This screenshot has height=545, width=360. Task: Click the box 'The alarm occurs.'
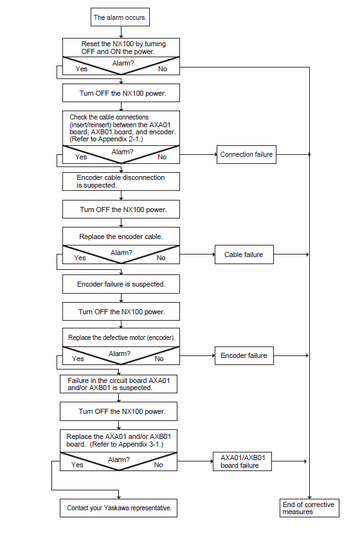point(120,17)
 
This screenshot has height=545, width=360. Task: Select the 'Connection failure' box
point(246,154)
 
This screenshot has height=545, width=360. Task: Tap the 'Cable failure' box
point(244,255)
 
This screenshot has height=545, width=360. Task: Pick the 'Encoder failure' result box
point(244,355)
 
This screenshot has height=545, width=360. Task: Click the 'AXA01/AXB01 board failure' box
point(242,461)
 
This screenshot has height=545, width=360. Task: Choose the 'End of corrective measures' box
point(309,508)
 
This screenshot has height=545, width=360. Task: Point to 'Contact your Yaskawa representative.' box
point(118,508)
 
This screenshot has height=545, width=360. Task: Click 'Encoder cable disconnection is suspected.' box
point(121,181)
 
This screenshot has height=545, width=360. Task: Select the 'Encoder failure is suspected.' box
point(121,284)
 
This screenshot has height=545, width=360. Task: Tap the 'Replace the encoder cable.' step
point(121,237)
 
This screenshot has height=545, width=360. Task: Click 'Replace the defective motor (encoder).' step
point(121,337)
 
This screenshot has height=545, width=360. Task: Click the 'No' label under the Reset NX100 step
point(163,69)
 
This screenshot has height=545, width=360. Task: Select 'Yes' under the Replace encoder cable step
point(80,258)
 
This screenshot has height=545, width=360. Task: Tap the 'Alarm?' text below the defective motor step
point(120,353)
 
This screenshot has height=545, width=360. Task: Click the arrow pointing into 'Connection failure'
point(198,154)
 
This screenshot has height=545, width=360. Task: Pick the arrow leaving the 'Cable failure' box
point(291,255)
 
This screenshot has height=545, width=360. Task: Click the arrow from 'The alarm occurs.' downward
point(121,32)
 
